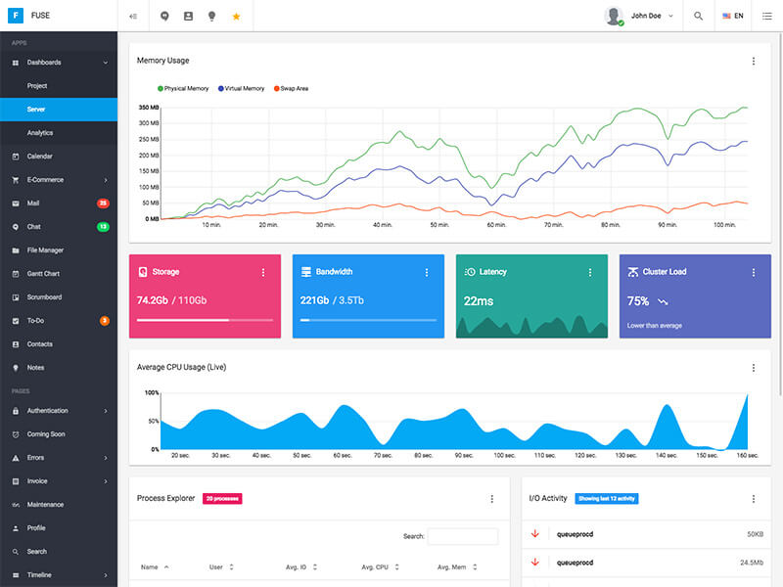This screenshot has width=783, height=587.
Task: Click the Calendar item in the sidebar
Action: pos(39,157)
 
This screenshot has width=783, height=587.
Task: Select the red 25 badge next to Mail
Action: pos(103,203)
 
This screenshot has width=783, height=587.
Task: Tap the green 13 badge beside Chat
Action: pos(103,227)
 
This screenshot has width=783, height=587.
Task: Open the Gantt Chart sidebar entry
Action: pos(43,274)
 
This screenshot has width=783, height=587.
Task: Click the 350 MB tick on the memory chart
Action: pos(149,108)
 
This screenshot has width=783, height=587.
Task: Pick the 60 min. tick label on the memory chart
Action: pos(496,225)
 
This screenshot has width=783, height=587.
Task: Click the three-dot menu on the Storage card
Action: pos(263,272)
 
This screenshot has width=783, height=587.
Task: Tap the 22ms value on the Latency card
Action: pos(479,301)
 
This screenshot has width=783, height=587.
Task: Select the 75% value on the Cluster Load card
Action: pos(638,301)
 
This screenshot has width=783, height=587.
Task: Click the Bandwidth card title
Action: pos(334,272)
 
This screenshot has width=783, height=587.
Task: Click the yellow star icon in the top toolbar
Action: pos(236,17)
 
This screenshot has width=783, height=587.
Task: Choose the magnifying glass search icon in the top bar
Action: pos(698,17)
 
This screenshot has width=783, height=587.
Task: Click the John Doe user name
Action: pos(646,17)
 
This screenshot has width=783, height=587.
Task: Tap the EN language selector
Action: pos(733,17)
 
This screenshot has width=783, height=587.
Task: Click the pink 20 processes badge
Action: pos(222,499)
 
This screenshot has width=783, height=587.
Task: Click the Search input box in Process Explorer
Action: pos(462,536)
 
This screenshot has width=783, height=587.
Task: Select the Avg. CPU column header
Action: pos(375,567)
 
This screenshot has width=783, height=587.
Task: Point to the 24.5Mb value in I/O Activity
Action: pos(752,563)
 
